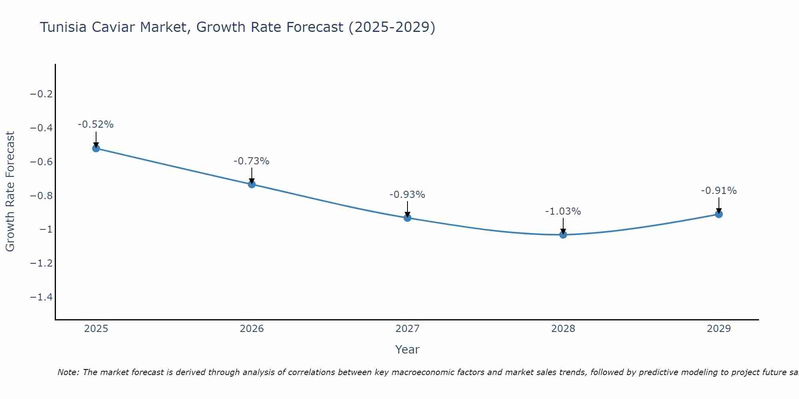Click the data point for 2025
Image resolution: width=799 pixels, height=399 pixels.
tap(96, 148)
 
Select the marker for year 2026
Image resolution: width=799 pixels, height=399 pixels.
tap(252, 184)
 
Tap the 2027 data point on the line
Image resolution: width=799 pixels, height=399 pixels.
tap(407, 218)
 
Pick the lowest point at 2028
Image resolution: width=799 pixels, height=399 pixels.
tap(563, 235)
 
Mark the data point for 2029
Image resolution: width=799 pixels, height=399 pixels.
tap(719, 214)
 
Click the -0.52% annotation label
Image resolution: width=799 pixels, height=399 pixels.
tap(96, 124)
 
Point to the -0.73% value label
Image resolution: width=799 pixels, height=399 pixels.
tap(252, 161)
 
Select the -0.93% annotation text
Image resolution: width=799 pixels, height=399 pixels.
tap(407, 195)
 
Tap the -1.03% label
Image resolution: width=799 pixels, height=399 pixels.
tap(563, 211)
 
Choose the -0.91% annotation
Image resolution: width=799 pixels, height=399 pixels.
tap(719, 191)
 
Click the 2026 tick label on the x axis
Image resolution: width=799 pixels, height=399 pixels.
tap(252, 329)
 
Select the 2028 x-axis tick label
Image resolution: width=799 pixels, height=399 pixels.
tap(563, 329)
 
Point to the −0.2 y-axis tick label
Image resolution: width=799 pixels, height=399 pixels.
tap(42, 94)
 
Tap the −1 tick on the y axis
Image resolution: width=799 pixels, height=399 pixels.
tap(46, 229)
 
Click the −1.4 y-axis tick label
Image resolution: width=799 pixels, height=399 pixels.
tap(42, 297)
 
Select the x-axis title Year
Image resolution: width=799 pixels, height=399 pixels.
tap(407, 350)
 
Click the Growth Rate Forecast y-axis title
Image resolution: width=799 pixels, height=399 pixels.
tap(10, 192)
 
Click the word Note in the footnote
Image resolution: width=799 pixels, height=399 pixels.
tap(68, 372)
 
